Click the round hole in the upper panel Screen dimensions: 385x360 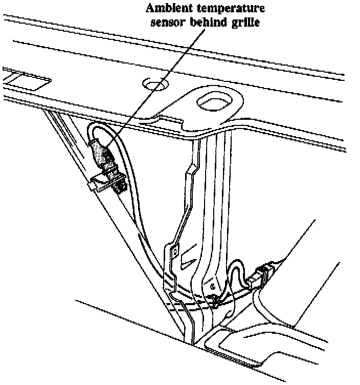(x=153, y=84)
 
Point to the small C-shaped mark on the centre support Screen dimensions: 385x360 (x=211, y=288)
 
